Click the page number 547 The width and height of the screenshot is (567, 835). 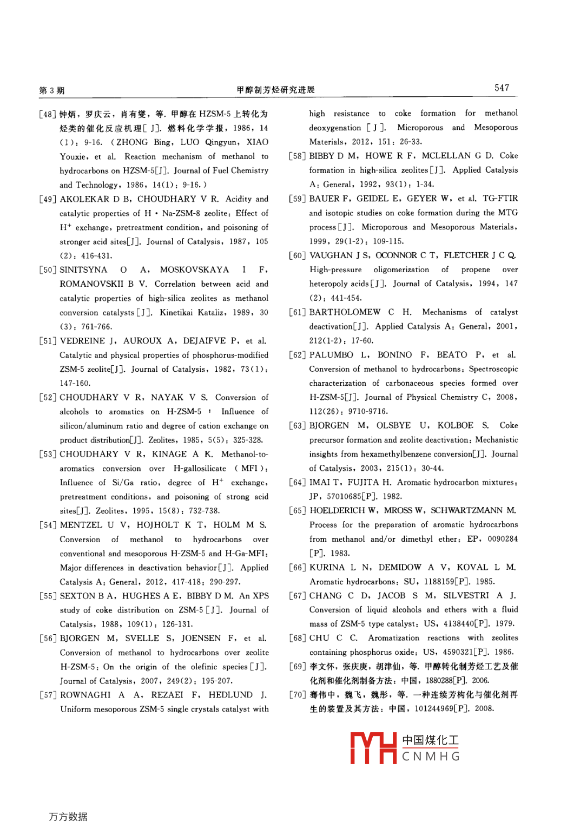click(x=502, y=88)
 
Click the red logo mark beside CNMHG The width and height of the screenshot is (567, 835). click(x=373, y=748)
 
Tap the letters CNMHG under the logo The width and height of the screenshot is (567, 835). click(x=431, y=757)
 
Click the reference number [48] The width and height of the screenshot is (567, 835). click(x=48, y=114)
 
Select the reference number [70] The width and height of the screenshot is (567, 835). click(x=298, y=695)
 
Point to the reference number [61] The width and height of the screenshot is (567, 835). click(x=298, y=312)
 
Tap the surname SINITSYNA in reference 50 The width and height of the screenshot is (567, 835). click(x=83, y=269)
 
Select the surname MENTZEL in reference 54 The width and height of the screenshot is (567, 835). click(x=81, y=525)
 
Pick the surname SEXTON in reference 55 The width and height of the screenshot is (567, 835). click(x=78, y=596)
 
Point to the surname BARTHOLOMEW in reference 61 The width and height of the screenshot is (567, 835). click(x=345, y=312)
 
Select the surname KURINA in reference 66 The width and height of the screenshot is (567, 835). click(x=327, y=567)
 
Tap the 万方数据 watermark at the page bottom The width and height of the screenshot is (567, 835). click(x=68, y=817)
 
